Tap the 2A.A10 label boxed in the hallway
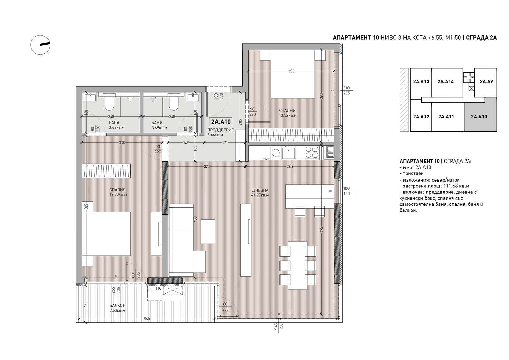pos(221,122)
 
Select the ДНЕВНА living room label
pos(260,190)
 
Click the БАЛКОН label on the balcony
pos(117,306)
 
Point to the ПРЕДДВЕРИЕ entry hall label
pos(221,130)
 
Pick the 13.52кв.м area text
pos(288,115)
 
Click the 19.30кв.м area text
pos(118,195)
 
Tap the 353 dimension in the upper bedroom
pos(291,71)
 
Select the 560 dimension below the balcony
pos(147,319)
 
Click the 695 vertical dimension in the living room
pos(321,230)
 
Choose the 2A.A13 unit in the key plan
pos(421,82)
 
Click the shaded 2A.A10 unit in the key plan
pos(480,117)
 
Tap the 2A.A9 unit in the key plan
pos(486,82)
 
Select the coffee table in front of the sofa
pos(208,232)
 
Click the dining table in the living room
pos(298,265)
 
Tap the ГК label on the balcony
pos(158,289)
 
